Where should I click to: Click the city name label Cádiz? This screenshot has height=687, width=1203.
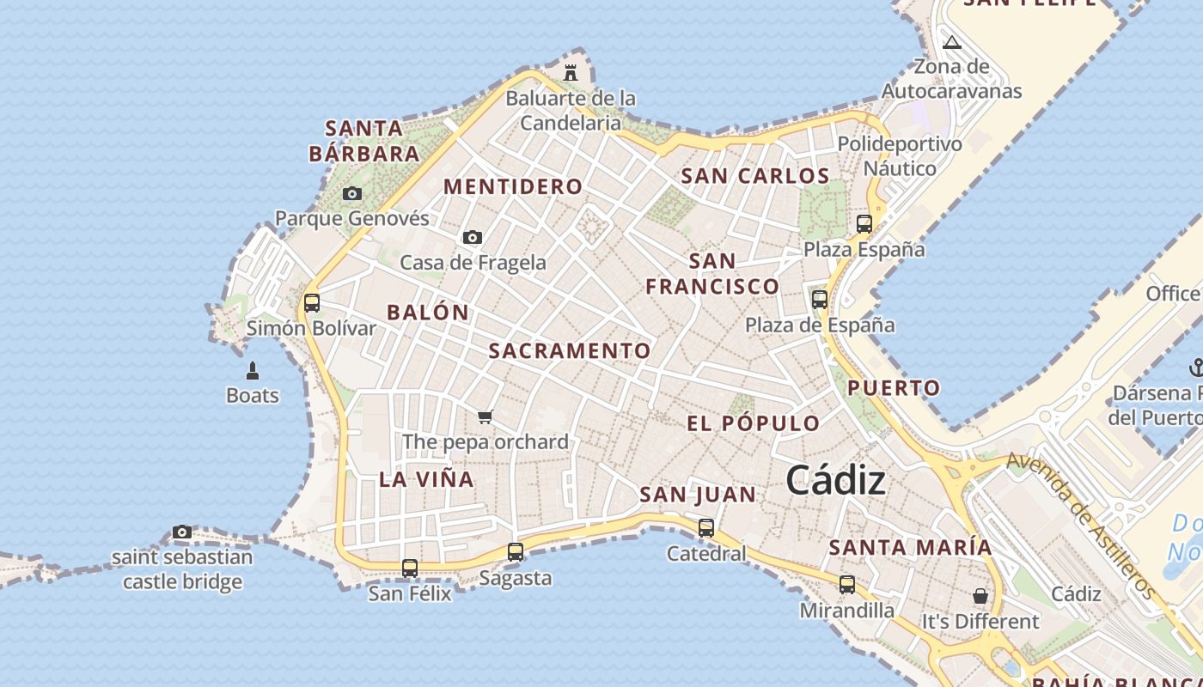click(x=835, y=479)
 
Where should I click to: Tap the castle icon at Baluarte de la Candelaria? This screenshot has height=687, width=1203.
click(x=571, y=72)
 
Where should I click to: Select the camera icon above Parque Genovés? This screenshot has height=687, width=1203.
click(x=352, y=193)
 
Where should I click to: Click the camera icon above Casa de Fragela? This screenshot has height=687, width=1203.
click(x=473, y=237)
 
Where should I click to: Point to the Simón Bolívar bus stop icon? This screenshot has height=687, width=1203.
click(x=312, y=302)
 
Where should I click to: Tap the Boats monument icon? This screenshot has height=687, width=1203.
click(x=253, y=371)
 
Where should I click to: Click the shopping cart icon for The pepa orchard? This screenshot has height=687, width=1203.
click(x=485, y=417)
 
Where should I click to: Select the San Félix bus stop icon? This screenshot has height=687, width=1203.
click(x=410, y=568)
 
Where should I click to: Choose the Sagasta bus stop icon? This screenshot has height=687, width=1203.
click(x=516, y=552)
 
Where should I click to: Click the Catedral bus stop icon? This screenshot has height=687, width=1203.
click(x=706, y=528)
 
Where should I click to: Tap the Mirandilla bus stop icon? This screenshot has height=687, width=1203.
click(x=847, y=585)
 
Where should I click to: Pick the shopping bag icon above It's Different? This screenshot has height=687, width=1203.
click(x=980, y=595)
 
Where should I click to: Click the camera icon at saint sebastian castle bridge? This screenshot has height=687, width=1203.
click(x=182, y=532)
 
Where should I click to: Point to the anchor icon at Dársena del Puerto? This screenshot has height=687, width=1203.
click(x=1195, y=368)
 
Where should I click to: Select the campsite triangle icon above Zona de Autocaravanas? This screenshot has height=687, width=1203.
click(x=951, y=42)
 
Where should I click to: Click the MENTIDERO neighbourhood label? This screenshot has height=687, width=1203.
click(x=513, y=186)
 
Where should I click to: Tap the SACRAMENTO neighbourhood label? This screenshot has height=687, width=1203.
click(x=570, y=350)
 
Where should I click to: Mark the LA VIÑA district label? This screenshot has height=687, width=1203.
click(x=427, y=479)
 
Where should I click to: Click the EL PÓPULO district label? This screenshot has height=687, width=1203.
click(x=754, y=423)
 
